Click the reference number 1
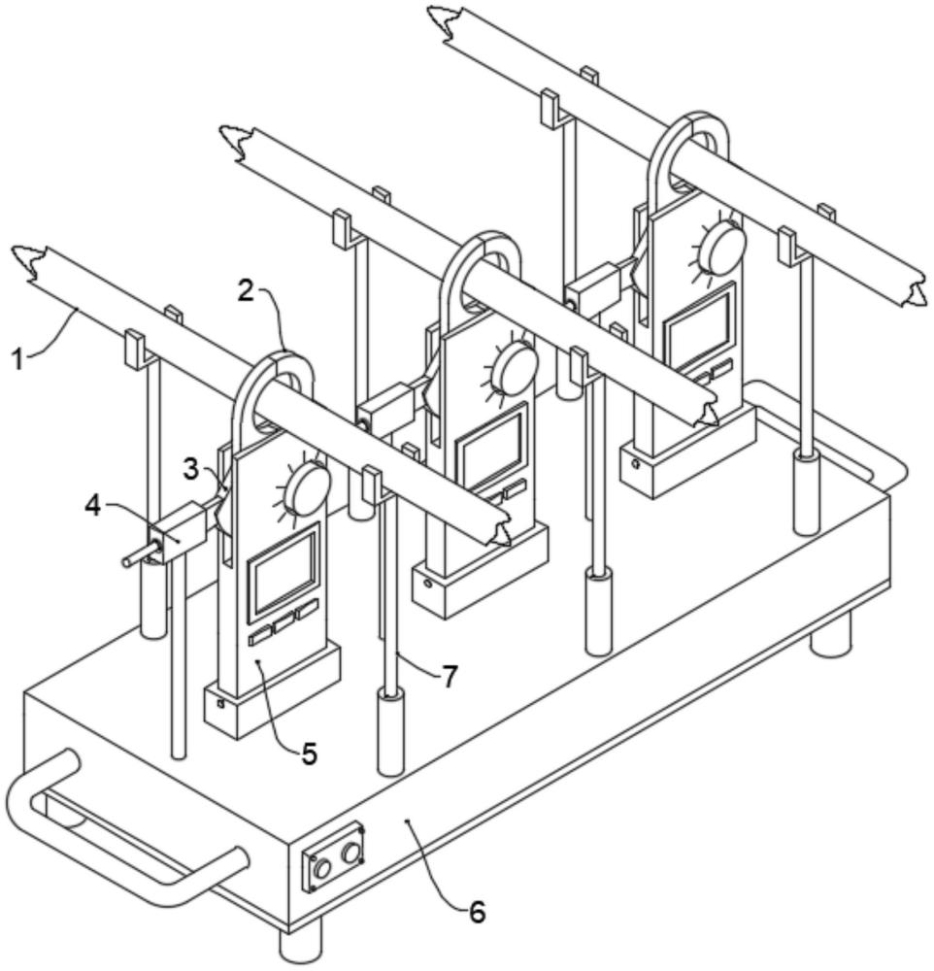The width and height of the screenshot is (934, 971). [x=19, y=358]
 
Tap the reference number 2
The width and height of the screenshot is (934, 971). [x=246, y=290]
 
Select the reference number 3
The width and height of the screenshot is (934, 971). [x=191, y=469]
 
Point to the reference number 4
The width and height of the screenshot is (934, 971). [x=92, y=506]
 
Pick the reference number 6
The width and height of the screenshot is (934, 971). [x=477, y=912]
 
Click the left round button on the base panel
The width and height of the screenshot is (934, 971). [x=322, y=869]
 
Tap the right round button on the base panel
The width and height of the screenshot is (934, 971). [x=350, y=853]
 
